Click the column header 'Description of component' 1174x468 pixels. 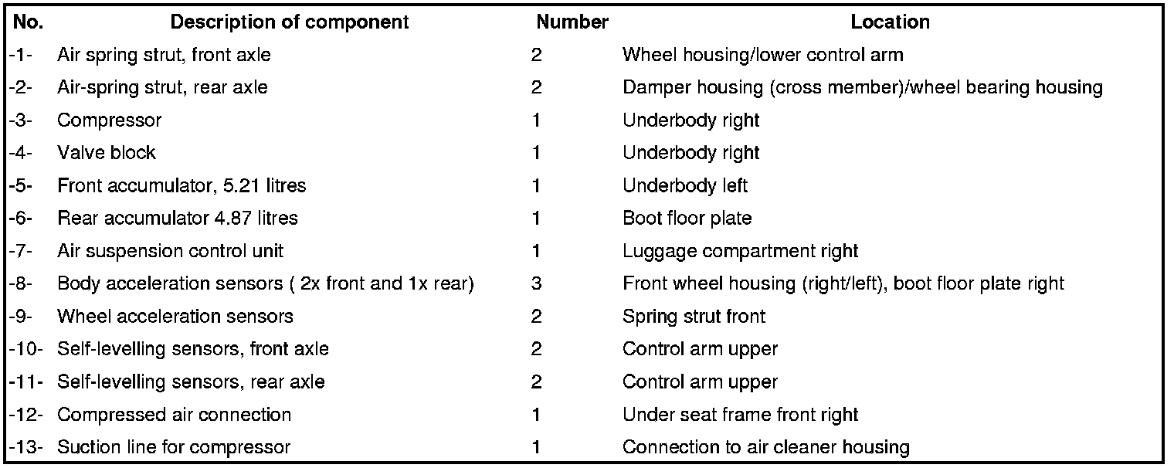click(290, 22)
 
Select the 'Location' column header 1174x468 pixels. click(890, 22)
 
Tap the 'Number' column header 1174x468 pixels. click(572, 22)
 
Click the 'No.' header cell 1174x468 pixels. click(29, 22)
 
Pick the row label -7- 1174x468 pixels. click(21, 251)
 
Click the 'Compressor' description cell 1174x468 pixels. click(110, 120)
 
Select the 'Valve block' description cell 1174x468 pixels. click(107, 153)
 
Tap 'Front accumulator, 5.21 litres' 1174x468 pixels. click(182, 186)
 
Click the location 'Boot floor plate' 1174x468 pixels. click(687, 219)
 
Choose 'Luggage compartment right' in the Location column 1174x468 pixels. click(740, 251)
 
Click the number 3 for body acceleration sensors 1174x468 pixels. click(537, 283)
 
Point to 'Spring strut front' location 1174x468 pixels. click(694, 317)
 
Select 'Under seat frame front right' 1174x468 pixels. click(740, 415)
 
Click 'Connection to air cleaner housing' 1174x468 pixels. click(765, 447)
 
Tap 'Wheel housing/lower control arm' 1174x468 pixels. click(762, 55)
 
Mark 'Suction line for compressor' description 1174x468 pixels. click(174, 447)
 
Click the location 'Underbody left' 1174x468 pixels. click(685, 186)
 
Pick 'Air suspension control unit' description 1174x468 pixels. click(170, 251)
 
